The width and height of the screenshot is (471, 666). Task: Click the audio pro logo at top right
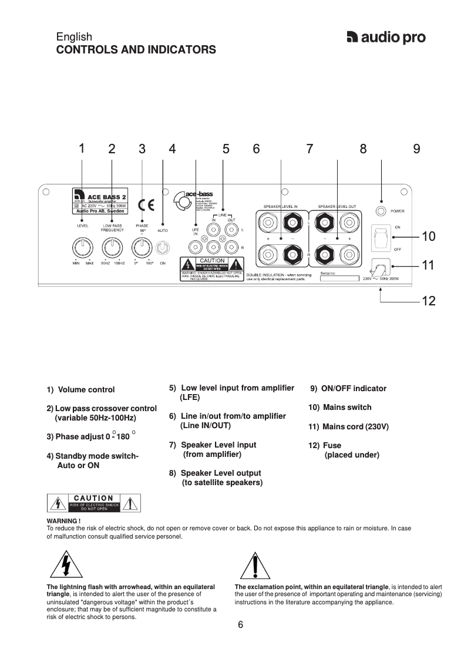386,38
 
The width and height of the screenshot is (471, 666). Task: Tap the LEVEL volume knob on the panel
82,247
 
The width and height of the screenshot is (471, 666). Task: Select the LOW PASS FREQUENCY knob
112,247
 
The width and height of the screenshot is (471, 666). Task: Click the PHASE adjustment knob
142,247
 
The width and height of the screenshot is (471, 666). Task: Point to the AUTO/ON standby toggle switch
162,247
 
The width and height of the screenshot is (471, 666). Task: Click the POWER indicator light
382,211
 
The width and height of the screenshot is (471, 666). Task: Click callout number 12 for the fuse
428,301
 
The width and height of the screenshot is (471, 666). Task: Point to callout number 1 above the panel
82,149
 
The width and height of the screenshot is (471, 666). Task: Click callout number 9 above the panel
416,149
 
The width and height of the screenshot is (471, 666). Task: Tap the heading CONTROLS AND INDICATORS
136,50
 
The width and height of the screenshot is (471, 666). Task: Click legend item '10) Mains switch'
340,408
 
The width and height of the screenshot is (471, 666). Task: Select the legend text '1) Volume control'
81,390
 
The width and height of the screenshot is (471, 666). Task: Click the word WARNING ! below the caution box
63,521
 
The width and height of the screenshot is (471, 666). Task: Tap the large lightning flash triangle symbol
66,566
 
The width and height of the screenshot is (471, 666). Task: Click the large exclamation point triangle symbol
255,566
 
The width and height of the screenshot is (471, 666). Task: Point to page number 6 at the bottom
240,625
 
